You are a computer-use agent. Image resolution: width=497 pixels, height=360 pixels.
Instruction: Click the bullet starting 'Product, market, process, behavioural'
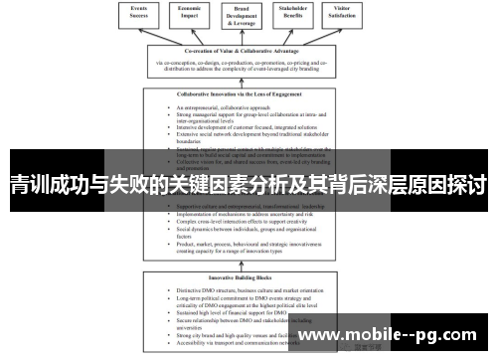tap(248, 244)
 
